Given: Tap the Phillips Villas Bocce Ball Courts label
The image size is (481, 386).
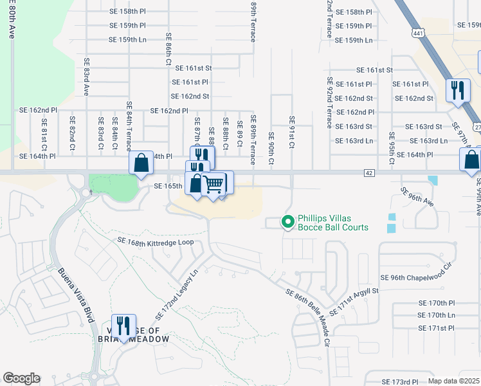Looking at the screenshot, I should (x=332, y=223).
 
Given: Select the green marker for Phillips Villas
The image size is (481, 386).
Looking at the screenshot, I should (x=288, y=223).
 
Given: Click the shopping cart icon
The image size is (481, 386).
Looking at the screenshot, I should (x=213, y=184).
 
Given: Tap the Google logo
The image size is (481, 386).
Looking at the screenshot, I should (x=21, y=378).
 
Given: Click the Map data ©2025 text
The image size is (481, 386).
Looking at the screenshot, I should (x=453, y=381).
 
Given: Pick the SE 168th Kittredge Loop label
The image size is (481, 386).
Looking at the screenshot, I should (x=156, y=241).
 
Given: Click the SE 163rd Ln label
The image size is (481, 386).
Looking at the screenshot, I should (x=428, y=141).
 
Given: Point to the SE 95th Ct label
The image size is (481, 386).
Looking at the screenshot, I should (x=391, y=148).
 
